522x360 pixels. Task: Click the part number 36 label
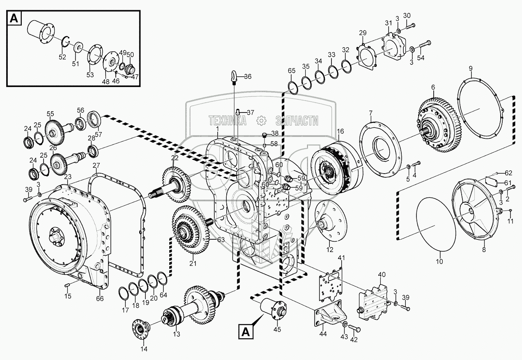[x=248, y=76]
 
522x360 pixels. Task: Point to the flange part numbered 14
[x=141, y=328]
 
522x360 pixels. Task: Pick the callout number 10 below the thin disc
[x=439, y=261]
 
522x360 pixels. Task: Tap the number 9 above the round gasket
[x=471, y=68]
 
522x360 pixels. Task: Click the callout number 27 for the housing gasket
[x=96, y=165]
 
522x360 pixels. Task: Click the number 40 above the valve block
[x=382, y=274]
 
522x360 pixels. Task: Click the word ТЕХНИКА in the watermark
[x=228, y=120]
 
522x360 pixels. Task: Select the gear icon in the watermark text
[x=260, y=120]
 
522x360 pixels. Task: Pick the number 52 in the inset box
[x=62, y=57]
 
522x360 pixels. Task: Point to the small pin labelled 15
[x=68, y=285]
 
